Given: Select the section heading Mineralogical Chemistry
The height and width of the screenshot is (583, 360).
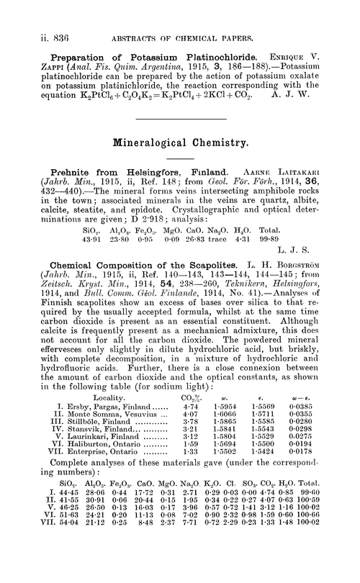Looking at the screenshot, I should (181, 143).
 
